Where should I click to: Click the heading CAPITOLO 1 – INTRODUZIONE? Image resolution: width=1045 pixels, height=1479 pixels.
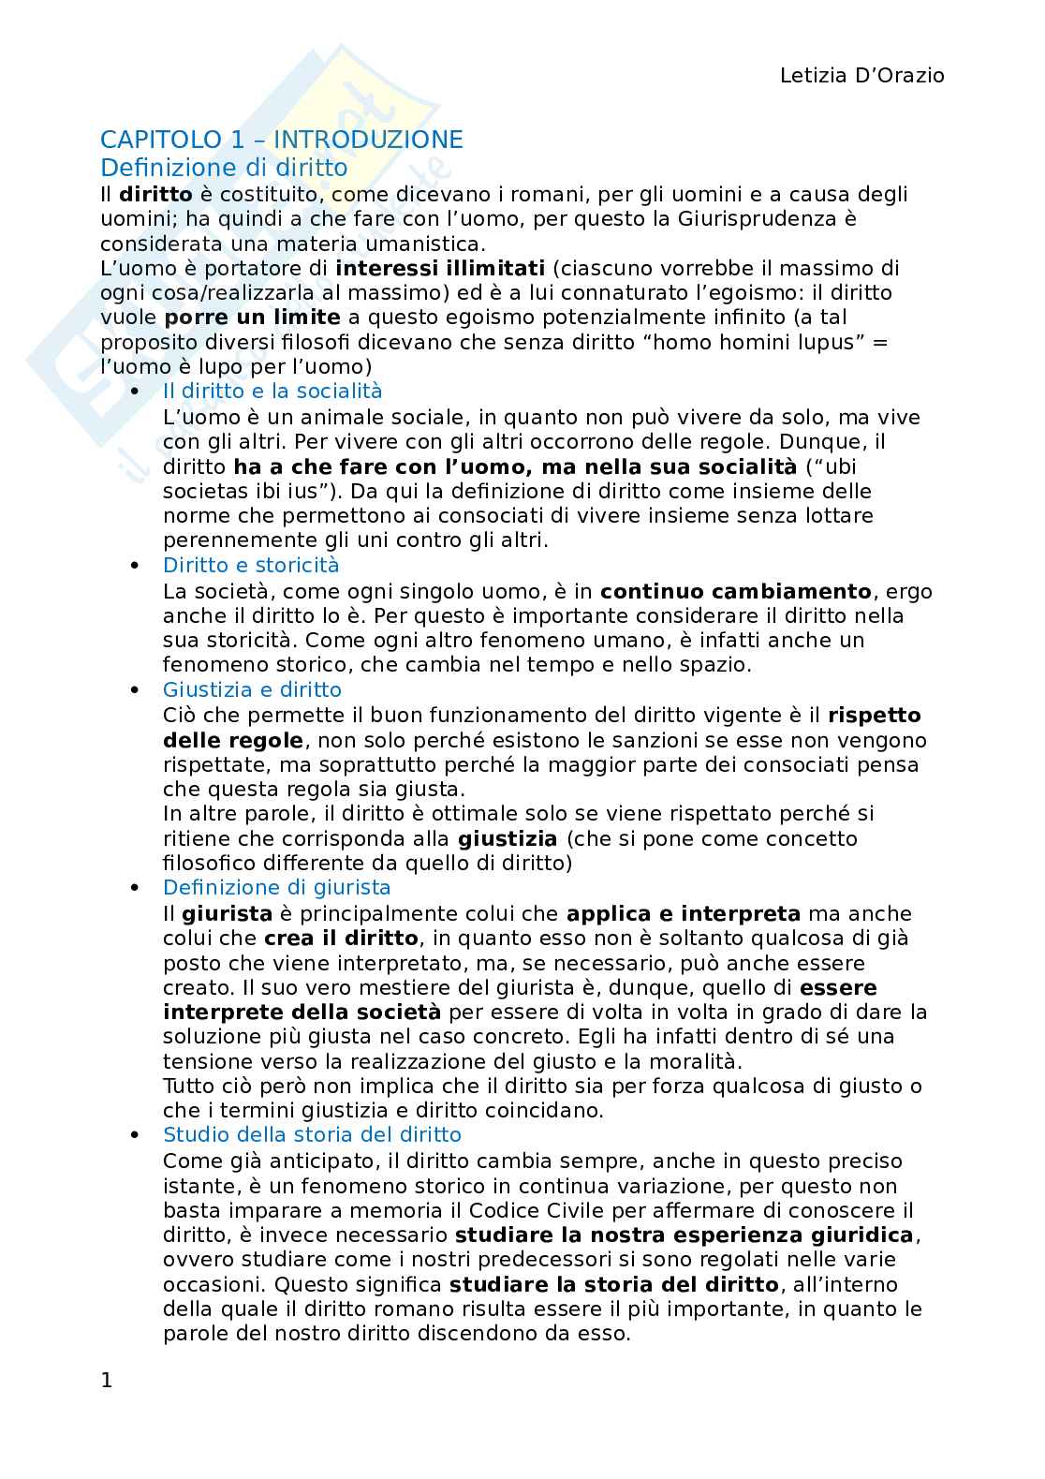click(x=281, y=140)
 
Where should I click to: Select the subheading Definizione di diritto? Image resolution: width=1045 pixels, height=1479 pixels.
click(x=224, y=168)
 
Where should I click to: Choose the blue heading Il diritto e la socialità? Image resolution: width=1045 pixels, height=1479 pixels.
click(x=272, y=391)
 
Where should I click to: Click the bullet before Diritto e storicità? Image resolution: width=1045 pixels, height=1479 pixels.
click(x=136, y=565)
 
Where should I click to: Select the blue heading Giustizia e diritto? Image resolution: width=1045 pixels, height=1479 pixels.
click(x=252, y=689)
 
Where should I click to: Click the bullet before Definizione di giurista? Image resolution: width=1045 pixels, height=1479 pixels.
click(x=136, y=887)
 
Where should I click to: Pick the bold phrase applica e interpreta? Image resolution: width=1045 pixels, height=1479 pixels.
click(x=683, y=913)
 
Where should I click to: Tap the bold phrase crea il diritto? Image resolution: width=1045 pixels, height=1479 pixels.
click(x=342, y=938)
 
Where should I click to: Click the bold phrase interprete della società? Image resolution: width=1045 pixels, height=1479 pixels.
click(x=302, y=1012)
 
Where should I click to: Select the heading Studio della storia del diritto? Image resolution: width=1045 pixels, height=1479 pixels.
click(x=312, y=1134)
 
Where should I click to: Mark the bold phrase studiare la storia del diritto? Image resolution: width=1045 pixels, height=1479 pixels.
click(x=613, y=1284)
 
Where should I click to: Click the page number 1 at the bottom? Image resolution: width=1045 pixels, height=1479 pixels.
click(x=107, y=1380)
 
